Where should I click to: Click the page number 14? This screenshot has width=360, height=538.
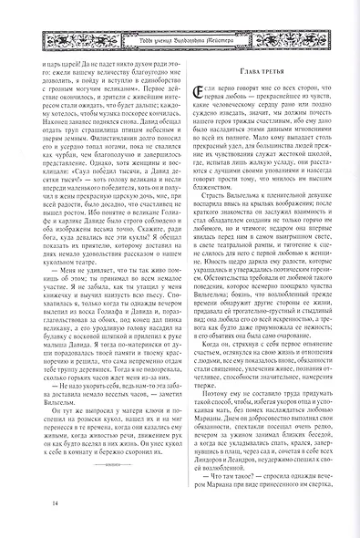pos(32,503)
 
